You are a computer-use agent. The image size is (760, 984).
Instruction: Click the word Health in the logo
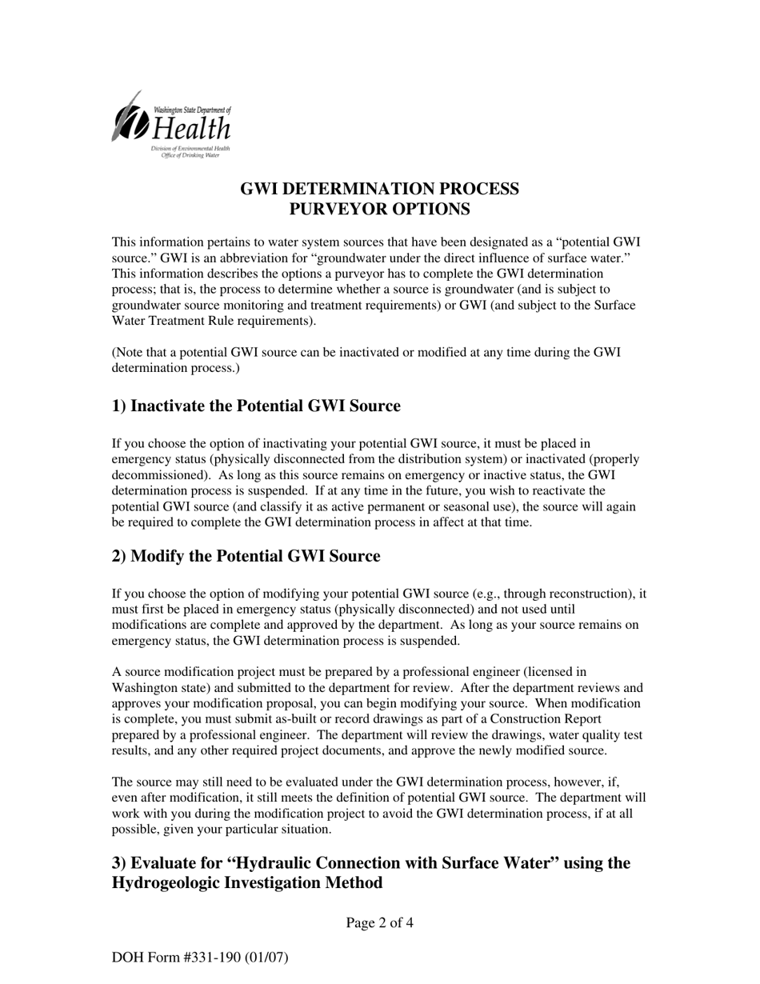pos(191,129)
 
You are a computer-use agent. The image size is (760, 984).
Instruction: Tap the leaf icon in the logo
pos(128,118)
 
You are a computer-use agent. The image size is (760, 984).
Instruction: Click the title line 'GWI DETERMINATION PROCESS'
pos(379,189)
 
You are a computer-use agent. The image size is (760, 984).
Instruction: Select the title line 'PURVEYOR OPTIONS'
pos(379,210)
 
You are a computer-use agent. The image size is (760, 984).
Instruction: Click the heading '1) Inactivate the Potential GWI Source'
pos(256,406)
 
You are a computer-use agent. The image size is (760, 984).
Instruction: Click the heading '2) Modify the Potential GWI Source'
pos(246,556)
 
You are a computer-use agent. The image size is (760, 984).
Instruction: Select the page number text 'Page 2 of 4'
pos(379,923)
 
